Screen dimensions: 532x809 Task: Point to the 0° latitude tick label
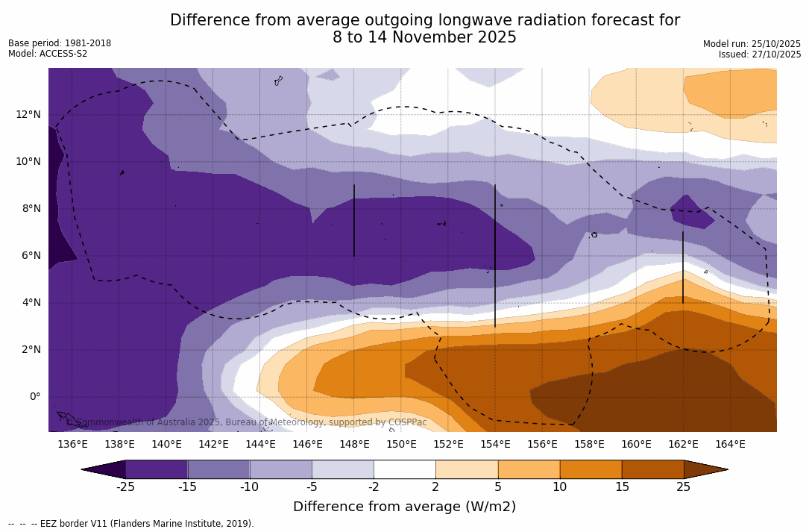tap(34, 396)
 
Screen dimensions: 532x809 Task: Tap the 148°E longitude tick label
tap(354, 444)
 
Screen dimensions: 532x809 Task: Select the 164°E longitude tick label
tap(730, 444)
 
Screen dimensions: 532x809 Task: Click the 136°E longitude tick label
tap(72, 444)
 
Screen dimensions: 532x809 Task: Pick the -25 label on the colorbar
tap(125, 487)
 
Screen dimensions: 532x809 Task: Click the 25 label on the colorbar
tap(683, 487)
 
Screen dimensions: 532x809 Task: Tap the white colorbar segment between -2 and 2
tap(404, 469)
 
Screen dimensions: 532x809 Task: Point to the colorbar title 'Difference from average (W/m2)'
tap(404, 507)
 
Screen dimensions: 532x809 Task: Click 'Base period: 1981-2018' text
tap(60, 43)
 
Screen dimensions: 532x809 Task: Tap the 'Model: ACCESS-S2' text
tap(48, 54)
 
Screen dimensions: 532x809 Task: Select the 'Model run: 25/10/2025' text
tap(752, 44)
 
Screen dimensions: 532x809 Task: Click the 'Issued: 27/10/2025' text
tap(760, 54)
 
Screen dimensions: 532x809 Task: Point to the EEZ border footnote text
tap(130, 524)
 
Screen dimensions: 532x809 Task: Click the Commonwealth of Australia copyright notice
tap(247, 422)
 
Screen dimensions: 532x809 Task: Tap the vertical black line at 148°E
tap(354, 220)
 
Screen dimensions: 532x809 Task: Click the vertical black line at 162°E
tap(683, 267)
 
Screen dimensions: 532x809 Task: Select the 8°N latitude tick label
tap(31, 208)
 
